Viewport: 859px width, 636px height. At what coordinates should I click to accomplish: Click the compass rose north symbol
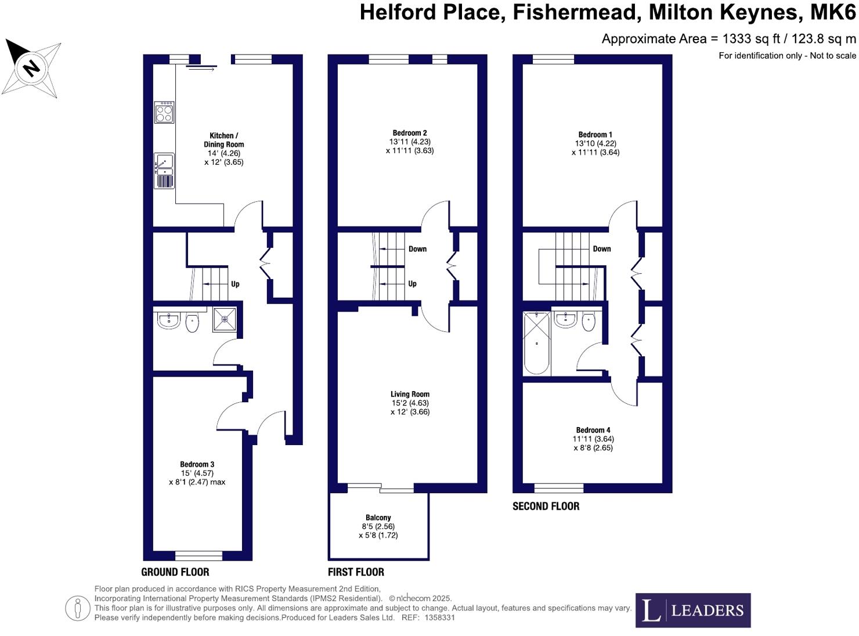(31, 68)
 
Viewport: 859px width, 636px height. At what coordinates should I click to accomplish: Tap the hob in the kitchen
(164, 112)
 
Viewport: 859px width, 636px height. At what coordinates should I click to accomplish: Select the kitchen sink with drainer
(164, 171)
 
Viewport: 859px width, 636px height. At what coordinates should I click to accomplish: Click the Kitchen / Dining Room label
(223, 140)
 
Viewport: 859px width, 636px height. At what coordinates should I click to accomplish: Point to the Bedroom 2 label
(410, 133)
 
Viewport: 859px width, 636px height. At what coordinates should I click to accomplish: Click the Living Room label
(410, 394)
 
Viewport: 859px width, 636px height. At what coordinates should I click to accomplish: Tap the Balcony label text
(378, 518)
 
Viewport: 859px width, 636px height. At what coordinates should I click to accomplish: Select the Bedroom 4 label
(593, 430)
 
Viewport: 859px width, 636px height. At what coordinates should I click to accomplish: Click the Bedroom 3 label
(197, 464)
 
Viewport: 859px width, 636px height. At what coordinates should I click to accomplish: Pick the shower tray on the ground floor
(225, 319)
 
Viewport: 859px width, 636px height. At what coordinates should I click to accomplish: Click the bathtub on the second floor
(536, 343)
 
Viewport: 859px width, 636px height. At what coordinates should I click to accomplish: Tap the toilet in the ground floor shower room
(192, 323)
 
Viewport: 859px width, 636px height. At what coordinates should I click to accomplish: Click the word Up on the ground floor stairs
(235, 284)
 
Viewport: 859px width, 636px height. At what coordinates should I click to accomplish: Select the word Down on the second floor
(602, 249)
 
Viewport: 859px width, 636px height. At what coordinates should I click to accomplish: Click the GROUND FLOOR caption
(175, 572)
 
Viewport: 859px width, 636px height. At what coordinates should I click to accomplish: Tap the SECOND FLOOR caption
(546, 506)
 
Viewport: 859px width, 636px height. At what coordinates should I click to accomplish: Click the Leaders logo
(692, 610)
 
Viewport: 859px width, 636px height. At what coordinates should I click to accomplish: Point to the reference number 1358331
(439, 618)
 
